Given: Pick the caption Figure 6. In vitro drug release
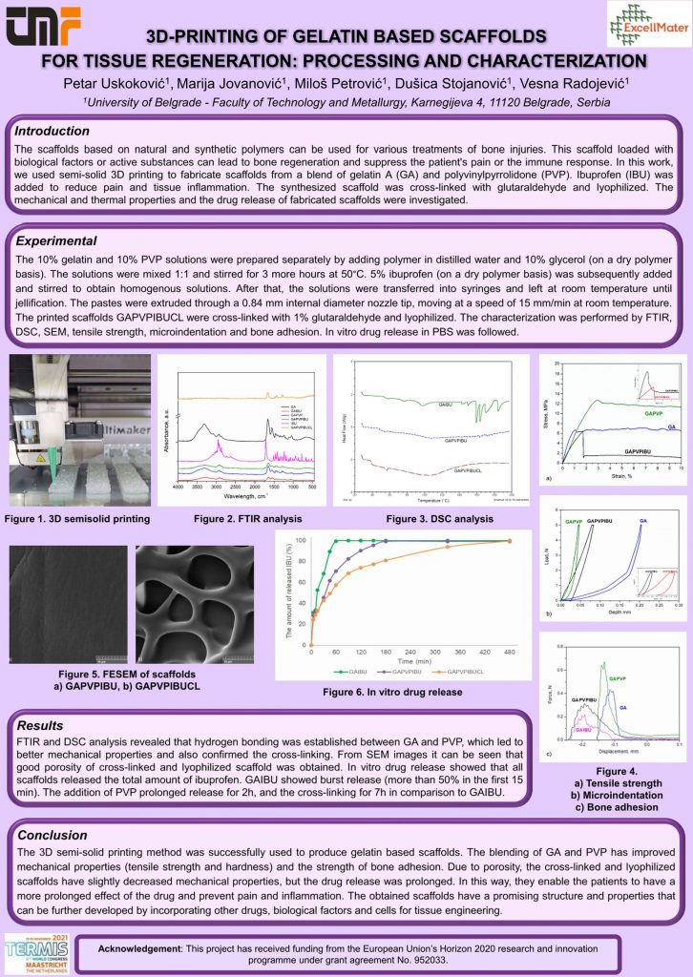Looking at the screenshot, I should pos(392,691).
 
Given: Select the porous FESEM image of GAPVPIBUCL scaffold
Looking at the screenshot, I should pos(199,606).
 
